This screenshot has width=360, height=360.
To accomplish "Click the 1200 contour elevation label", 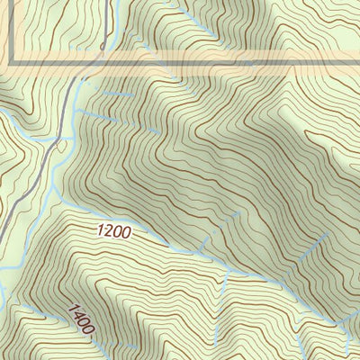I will [x=114, y=231].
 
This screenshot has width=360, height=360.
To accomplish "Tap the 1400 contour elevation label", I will [x=79, y=319].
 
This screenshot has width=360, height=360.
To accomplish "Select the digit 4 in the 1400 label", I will [x=75, y=314].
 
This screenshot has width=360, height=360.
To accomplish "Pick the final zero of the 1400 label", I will [x=88, y=330].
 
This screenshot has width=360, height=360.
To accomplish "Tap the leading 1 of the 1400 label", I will [x=69, y=308].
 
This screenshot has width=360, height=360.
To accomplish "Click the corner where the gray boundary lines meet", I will [x=12, y=64].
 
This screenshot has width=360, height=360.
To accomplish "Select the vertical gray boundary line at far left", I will [x=12, y=31].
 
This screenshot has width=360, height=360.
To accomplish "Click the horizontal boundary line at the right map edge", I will [x=357, y=64].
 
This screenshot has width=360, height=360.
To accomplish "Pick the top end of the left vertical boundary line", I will [x=12, y=2].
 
